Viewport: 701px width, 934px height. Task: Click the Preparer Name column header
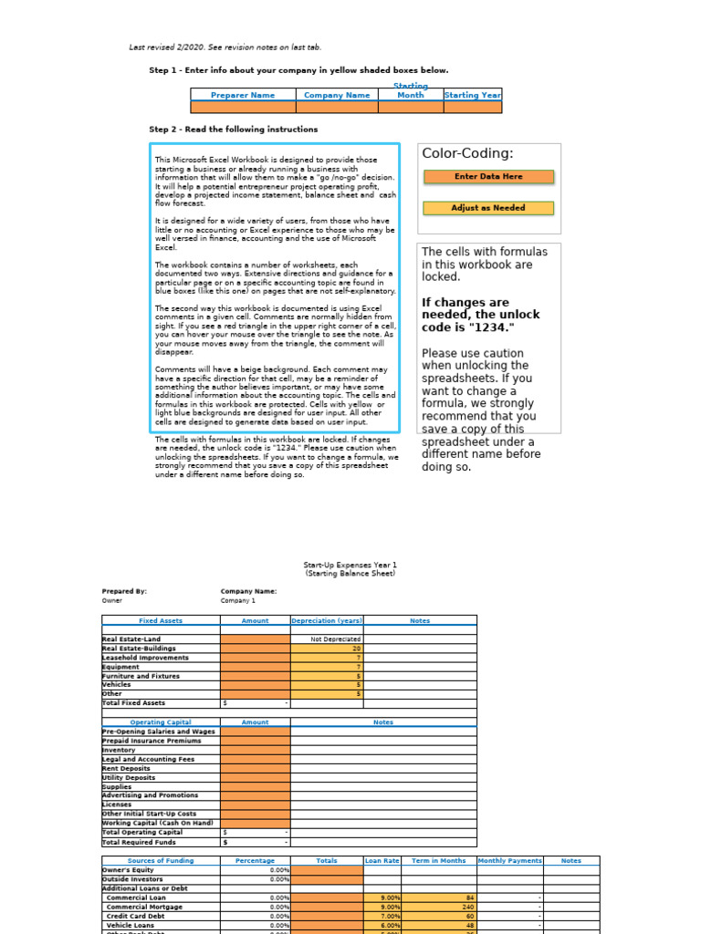coord(243,95)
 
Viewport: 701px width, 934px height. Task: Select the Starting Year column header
coord(472,95)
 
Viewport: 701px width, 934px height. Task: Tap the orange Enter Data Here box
coord(488,177)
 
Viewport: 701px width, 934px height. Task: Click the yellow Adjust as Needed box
coord(488,208)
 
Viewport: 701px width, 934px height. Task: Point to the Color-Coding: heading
coord(467,153)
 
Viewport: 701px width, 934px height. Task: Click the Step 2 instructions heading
coord(234,130)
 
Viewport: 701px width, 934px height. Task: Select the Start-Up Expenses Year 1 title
coord(350,566)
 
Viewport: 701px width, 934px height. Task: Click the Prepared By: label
coord(124,591)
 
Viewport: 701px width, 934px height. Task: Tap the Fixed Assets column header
coord(161,621)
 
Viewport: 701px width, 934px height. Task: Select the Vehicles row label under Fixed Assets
coord(117,684)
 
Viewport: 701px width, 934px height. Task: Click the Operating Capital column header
coord(161,722)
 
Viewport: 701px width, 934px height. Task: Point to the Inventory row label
coord(119,750)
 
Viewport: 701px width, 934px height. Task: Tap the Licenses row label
coord(117,804)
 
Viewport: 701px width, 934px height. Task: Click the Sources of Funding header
coord(161,860)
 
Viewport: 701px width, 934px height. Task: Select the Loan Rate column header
coord(382,860)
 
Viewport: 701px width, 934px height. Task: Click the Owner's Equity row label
coord(129,870)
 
